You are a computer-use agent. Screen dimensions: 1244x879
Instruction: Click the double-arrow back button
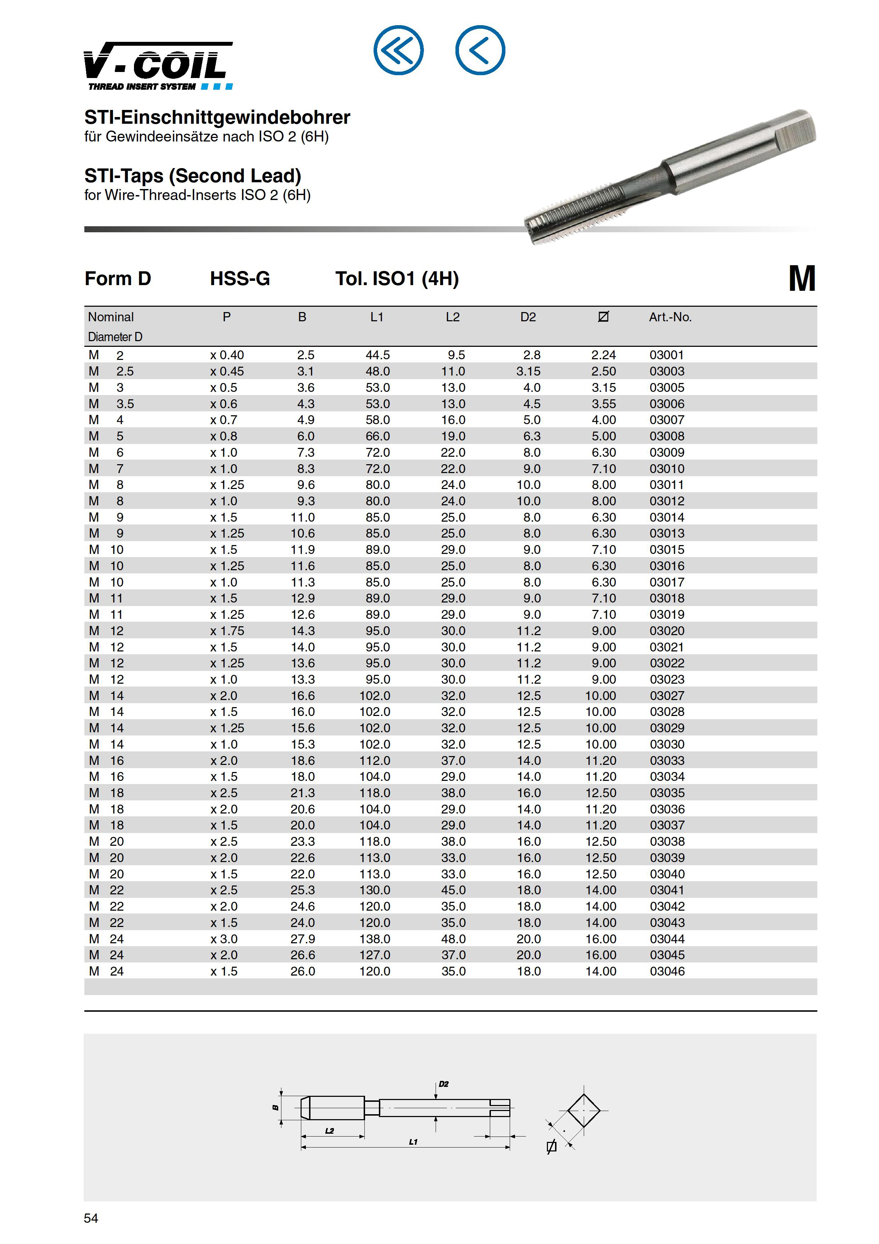coord(399,50)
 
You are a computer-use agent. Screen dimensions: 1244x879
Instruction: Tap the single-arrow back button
coord(480,50)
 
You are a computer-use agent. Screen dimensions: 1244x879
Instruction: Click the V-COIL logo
coord(158,66)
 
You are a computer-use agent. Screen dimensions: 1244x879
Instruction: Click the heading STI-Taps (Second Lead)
coord(193,176)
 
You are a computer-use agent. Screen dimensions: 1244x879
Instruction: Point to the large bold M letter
coord(801,279)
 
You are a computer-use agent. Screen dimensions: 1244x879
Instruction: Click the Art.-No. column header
coord(670,317)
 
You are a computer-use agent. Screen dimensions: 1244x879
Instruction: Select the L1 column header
coord(377,317)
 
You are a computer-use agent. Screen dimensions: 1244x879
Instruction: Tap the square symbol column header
coord(603,317)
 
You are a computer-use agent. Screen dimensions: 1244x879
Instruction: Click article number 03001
coord(667,355)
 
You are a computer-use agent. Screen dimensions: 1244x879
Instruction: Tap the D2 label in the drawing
coord(443,1084)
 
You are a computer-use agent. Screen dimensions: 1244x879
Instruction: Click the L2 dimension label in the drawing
coord(329,1131)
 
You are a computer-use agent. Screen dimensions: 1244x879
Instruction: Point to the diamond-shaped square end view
coord(583,1110)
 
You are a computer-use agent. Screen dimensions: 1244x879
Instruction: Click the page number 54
coord(91,1218)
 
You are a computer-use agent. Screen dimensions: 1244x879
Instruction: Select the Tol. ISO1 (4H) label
coord(397,279)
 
